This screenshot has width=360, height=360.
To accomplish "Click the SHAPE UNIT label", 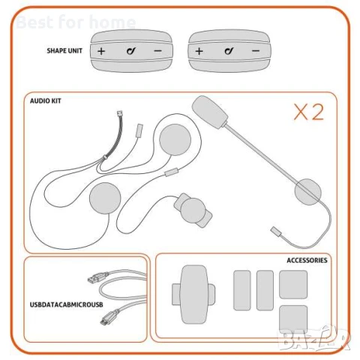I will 64,52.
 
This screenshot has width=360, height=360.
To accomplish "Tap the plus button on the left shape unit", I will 101,51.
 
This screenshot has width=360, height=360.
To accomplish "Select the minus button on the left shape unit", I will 158,51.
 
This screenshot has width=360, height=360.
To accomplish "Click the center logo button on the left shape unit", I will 130,51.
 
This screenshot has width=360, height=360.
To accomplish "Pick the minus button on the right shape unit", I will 256,51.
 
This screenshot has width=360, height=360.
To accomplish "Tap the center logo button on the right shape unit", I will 227,51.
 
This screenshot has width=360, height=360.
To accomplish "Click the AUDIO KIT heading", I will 46,99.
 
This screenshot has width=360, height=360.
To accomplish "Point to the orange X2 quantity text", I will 307,112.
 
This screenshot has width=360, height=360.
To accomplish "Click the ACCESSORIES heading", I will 307,260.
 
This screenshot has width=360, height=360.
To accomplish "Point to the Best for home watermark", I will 76,22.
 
